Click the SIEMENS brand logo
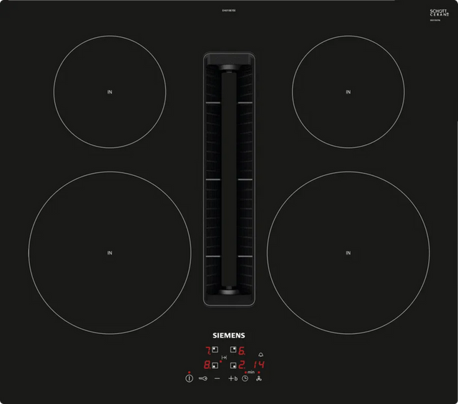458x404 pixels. pos(228,335)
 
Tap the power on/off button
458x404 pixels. pos(188,378)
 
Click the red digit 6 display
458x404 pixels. pos(242,351)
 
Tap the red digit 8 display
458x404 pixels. pos(208,365)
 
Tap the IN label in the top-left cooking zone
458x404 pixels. pos(109,91)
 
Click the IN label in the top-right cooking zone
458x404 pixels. pos(348,91)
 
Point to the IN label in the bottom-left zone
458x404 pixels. pos(109,252)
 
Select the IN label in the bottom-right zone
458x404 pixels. pos(348,252)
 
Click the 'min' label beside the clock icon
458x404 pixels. pos(250,373)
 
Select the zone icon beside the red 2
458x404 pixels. pos(234,365)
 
